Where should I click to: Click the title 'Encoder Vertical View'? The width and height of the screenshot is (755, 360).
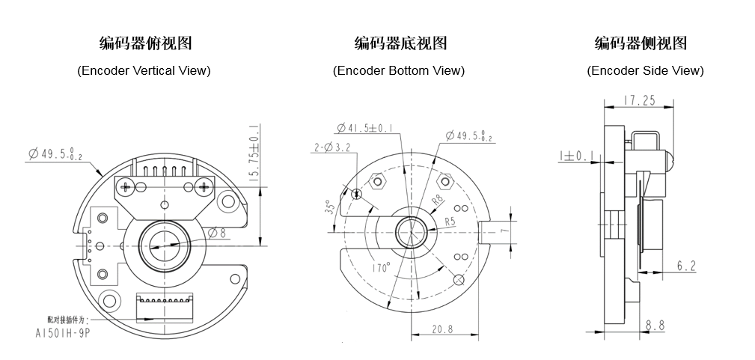144,70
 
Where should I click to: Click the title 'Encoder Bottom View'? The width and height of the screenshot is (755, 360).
399,70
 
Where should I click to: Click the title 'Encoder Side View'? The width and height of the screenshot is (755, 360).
645,70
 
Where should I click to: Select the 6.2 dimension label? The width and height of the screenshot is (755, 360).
686,265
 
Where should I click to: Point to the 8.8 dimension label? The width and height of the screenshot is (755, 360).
655,326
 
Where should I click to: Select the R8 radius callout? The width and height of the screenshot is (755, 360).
438,201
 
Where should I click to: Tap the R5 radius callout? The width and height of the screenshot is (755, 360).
450,222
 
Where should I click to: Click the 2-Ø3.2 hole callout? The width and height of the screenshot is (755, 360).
331,148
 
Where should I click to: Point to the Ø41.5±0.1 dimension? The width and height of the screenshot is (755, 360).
366,127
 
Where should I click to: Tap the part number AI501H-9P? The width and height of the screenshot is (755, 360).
64,330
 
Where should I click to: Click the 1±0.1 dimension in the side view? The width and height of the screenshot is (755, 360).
575,156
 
